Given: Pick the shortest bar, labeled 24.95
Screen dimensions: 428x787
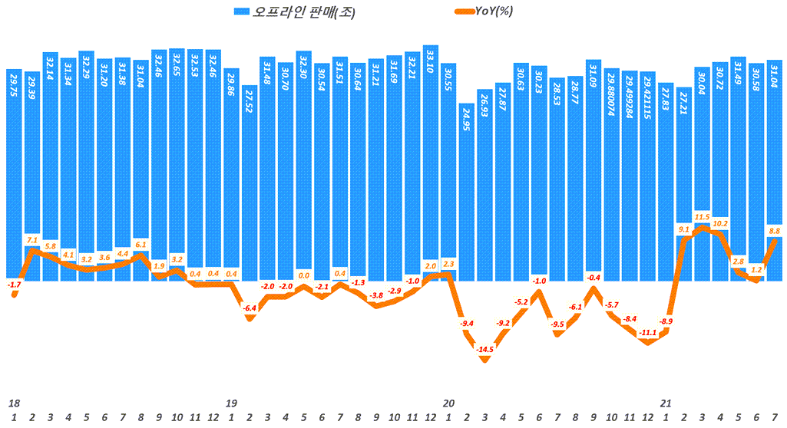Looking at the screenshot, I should [467, 192].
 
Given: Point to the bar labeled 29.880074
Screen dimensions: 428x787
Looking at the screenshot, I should [612, 173].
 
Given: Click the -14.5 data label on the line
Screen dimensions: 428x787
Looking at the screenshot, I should [484, 350].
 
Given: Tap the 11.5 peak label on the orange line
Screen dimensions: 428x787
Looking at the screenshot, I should [703, 217].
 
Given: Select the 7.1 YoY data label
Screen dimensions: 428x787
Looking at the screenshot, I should [32, 239].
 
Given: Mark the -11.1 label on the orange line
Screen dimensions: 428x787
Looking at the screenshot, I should [648, 332].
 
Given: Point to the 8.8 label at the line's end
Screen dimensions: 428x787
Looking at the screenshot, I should [774, 231].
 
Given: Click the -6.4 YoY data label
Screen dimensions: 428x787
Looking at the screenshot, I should [250, 308].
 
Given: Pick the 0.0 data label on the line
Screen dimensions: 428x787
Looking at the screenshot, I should [304, 275].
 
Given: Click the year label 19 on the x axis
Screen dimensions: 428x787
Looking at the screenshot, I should [231, 403].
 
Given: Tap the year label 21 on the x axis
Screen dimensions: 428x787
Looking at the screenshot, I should [666, 403].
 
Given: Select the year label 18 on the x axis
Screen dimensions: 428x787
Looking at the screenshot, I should [14, 403].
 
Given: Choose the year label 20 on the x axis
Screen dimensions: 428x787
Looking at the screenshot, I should [449, 403].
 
